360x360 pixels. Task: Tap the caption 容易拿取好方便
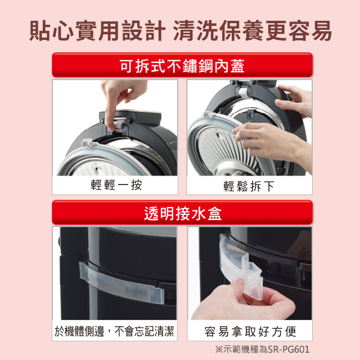click(x=250, y=331)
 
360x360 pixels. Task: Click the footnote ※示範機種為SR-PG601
click(x=262, y=349)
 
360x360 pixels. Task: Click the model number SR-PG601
click(x=286, y=349)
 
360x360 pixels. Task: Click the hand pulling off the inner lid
click(x=264, y=138)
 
